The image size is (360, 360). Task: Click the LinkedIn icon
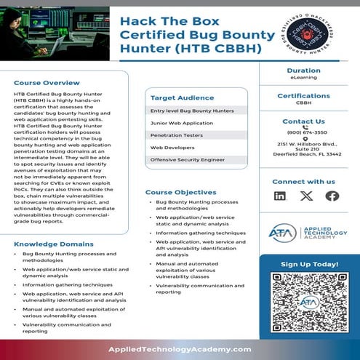(280, 196)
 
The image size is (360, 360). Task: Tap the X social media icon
(306, 196)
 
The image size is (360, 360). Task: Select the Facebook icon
(332, 196)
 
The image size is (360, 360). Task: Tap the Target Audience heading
(182, 97)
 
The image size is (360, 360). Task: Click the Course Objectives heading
(180, 192)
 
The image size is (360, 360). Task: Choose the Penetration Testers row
(175, 135)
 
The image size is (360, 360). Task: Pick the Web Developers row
(169, 147)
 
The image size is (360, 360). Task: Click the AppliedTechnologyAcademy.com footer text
(180, 349)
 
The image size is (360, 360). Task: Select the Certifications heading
(303, 96)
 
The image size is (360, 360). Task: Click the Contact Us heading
(303, 121)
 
